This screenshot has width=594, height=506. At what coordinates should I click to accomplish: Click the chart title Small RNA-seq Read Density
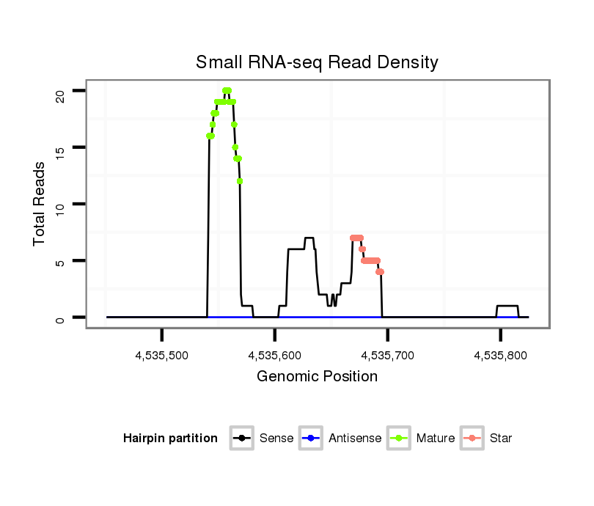(317, 62)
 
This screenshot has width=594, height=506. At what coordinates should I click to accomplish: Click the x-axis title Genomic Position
(317, 377)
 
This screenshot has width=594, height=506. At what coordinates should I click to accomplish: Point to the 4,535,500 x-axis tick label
(161, 356)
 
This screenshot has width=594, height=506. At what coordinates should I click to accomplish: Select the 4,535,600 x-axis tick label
(275, 356)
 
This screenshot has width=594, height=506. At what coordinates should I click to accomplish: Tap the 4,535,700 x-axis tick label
(388, 356)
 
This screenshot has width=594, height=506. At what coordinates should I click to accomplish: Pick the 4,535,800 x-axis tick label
(501, 356)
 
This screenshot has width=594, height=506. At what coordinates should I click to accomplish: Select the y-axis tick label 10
(60, 204)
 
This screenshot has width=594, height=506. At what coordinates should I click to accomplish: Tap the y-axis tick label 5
(60, 261)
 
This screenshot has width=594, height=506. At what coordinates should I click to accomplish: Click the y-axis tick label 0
(60, 318)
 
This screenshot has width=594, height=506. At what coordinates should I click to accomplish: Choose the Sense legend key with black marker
(242, 439)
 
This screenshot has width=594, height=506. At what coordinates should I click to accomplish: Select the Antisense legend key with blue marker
(311, 439)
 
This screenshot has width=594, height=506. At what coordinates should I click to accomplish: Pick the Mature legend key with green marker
(399, 439)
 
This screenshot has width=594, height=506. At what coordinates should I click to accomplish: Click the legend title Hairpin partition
(170, 439)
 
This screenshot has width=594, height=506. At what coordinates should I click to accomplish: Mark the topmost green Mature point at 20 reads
(227, 91)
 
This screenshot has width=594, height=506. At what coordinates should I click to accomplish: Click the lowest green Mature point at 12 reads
(240, 181)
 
